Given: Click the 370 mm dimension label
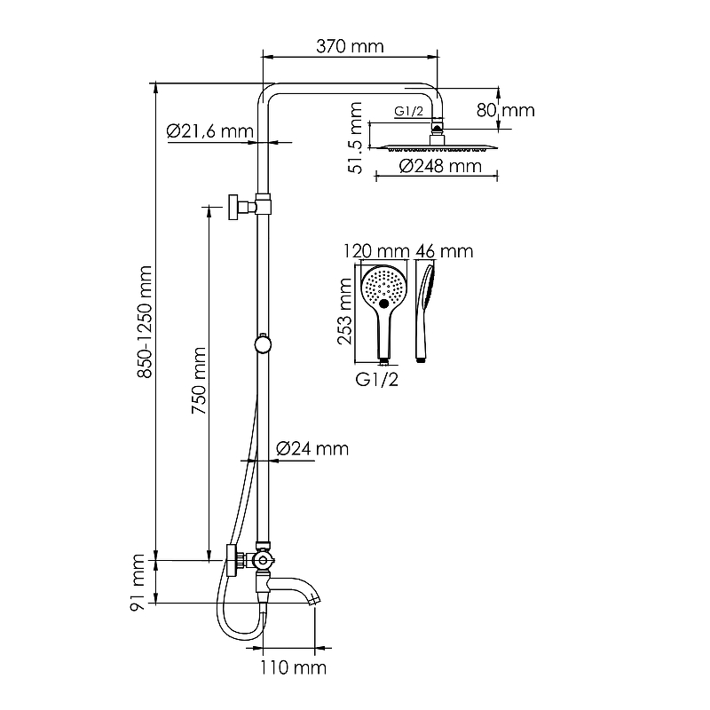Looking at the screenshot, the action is (x=350, y=46).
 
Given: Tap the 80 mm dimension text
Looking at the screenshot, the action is (x=505, y=110).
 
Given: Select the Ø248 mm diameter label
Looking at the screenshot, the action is (x=440, y=166).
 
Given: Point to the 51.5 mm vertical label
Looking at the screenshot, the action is (x=356, y=138).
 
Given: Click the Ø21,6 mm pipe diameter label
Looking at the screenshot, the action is (x=210, y=131).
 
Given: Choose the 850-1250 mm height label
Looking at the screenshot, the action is (x=145, y=321).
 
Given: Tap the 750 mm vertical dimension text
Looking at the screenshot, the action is (x=199, y=381).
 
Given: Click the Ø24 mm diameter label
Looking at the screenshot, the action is (x=312, y=449).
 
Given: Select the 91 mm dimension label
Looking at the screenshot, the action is (x=138, y=583).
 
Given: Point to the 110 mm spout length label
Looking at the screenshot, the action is (x=293, y=667).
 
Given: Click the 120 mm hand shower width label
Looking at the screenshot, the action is (x=376, y=251).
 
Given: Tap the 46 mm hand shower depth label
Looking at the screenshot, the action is (x=445, y=251).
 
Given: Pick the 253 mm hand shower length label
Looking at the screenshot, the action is (x=344, y=312).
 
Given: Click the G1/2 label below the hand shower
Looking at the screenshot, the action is (x=376, y=380).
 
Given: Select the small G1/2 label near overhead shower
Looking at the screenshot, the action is (x=409, y=111).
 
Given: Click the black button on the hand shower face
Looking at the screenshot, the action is (x=384, y=304).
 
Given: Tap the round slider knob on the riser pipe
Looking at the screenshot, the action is (x=263, y=344).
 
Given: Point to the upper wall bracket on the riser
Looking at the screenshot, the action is (x=249, y=207).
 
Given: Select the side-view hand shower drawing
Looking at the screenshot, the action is (x=424, y=313).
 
